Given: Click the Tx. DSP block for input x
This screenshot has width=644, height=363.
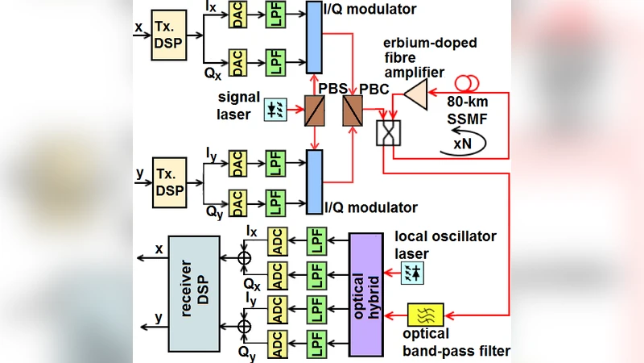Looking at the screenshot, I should pos(170,35).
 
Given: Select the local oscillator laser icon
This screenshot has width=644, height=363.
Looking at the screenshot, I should pos(416,273).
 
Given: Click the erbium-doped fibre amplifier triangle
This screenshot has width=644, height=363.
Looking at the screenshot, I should pos(415,94).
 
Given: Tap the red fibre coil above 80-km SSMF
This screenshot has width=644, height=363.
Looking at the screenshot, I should pos(467,82).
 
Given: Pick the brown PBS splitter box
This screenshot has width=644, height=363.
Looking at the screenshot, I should pos(313,111).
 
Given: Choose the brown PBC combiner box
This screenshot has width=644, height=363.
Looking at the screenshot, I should pos(352,111).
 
